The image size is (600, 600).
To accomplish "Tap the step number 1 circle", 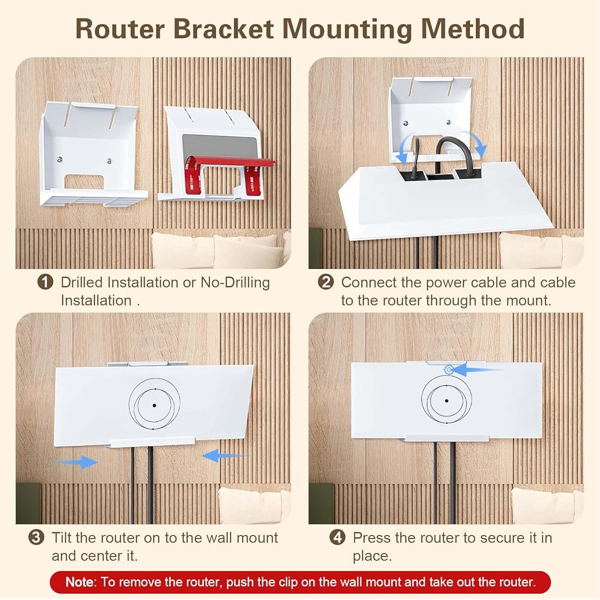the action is [45, 282].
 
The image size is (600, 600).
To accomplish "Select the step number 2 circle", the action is [326, 282].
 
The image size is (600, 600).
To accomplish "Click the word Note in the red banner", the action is [79, 581].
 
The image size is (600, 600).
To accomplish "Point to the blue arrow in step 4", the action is [476, 370].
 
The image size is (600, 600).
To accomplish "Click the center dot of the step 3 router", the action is [154, 405].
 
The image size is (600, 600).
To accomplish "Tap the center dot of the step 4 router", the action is [447, 400].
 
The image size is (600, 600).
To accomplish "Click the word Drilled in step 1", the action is [82, 282].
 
